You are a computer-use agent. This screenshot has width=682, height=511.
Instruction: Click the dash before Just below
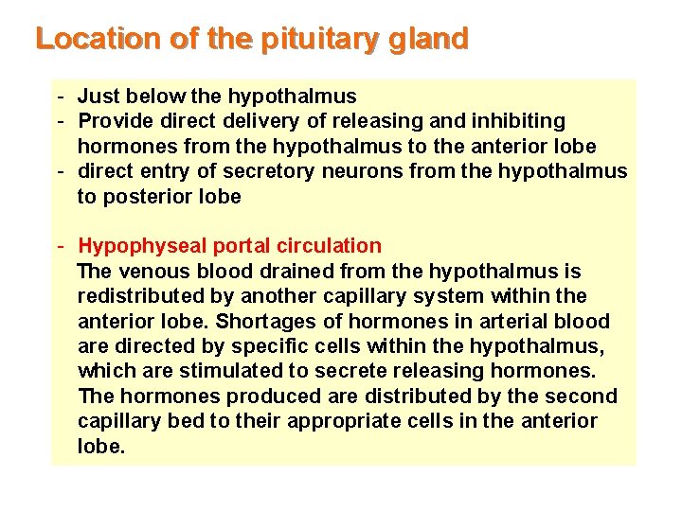(60, 96)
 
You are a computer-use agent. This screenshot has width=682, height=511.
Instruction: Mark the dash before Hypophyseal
(60, 246)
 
